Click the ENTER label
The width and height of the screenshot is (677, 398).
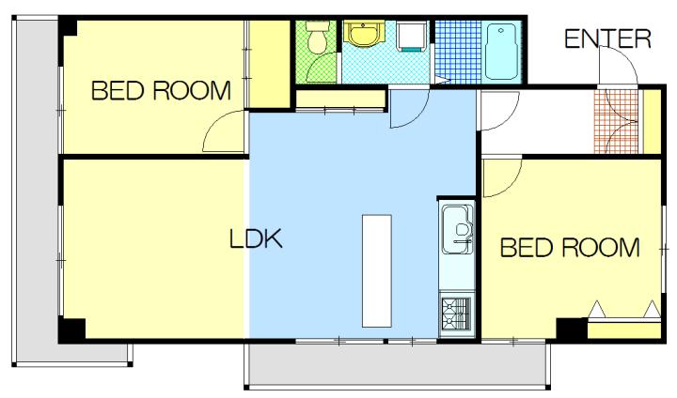click(607, 38)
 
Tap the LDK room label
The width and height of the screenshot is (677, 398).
click(256, 238)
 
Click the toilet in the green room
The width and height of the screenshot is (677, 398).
click(318, 37)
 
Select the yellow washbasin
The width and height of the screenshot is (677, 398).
click(364, 34)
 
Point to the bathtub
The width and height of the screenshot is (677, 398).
click(502, 52)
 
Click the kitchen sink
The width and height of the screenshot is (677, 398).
click(457, 229)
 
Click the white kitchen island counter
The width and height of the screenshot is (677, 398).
click(376, 270)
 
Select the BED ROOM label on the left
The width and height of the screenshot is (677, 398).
click(161, 90)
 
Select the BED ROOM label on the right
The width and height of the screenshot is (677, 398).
click(570, 248)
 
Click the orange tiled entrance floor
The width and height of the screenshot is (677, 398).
click(616, 121)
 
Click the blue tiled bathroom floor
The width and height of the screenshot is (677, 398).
click(459, 52)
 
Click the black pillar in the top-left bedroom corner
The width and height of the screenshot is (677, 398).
click(68, 26)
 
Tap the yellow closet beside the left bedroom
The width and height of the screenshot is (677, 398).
click(270, 64)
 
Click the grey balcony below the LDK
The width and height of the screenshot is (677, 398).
click(397, 365)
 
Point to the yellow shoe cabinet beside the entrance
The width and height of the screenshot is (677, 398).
click(652, 121)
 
